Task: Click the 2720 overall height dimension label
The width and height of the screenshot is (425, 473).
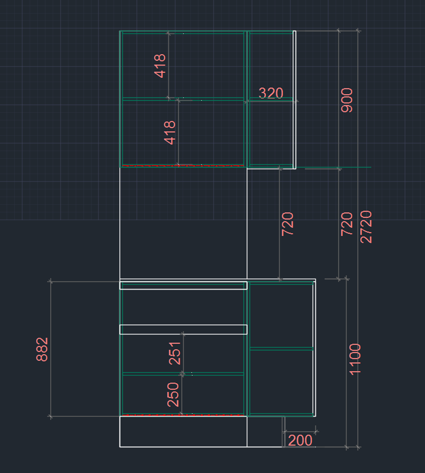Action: click(x=366, y=227)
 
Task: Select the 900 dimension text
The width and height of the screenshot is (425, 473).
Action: click(x=347, y=100)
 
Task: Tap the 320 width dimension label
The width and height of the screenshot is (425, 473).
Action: click(x=271, y=93)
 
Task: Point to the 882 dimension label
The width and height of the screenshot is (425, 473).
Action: click(x=42, y=349)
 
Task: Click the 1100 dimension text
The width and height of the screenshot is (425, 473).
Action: click(x=355, y=359)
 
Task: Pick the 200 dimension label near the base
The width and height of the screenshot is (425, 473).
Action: click(x=300, y=440)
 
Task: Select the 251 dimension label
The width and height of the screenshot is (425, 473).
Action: click(x=175, y=353)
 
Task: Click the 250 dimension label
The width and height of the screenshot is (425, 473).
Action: click(x=173, y=395)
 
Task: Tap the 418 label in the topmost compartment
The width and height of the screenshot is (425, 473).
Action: click(x=160, y=66)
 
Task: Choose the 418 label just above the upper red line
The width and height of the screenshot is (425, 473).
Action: click(x=170, y=133)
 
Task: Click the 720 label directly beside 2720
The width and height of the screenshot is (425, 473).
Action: click(x=347, y=224)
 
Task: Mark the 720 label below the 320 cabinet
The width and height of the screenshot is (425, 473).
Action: click(x=287, y=224)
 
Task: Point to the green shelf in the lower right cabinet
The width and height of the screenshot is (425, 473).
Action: click(x=282, y=349)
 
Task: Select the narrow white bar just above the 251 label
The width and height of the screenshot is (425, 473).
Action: click(x=183, y=329)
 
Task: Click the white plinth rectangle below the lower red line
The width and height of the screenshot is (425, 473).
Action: click(x=183, y=432)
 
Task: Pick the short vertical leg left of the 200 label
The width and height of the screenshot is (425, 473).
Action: click(x=284, y=432)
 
